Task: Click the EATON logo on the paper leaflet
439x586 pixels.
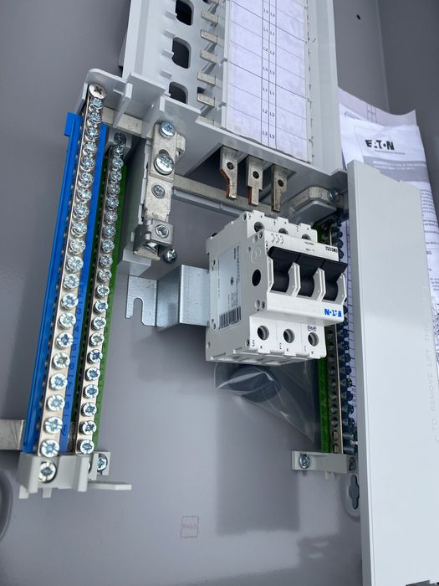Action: coord(381,146)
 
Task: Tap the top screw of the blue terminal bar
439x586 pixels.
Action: coord(97,91)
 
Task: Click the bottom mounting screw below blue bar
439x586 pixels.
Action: coord(48,472)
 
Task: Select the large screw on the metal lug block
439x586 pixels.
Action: coord(164,163)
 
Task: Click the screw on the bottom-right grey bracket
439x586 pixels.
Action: coord(304,461)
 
